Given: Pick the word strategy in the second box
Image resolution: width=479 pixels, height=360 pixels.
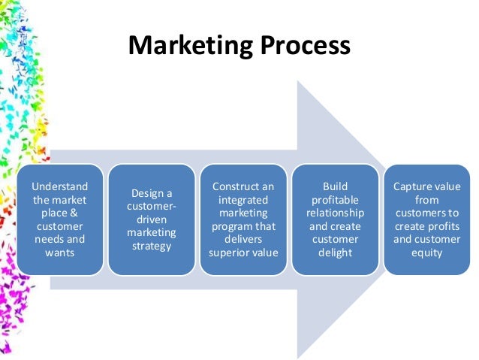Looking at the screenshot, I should click(152, 247).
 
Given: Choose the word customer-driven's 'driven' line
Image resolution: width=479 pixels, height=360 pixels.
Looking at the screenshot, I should click(152, 220).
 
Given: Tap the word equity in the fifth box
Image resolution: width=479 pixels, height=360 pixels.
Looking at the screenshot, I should click(426, 253).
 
